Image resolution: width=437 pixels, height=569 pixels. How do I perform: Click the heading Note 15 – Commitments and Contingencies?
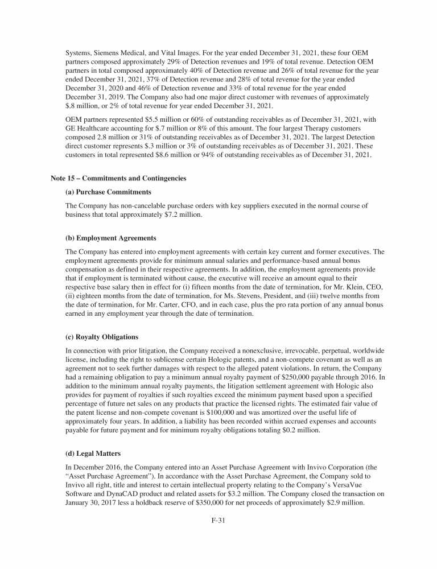coord(118,178)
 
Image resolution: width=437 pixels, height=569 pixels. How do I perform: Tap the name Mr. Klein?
coord(325,288)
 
